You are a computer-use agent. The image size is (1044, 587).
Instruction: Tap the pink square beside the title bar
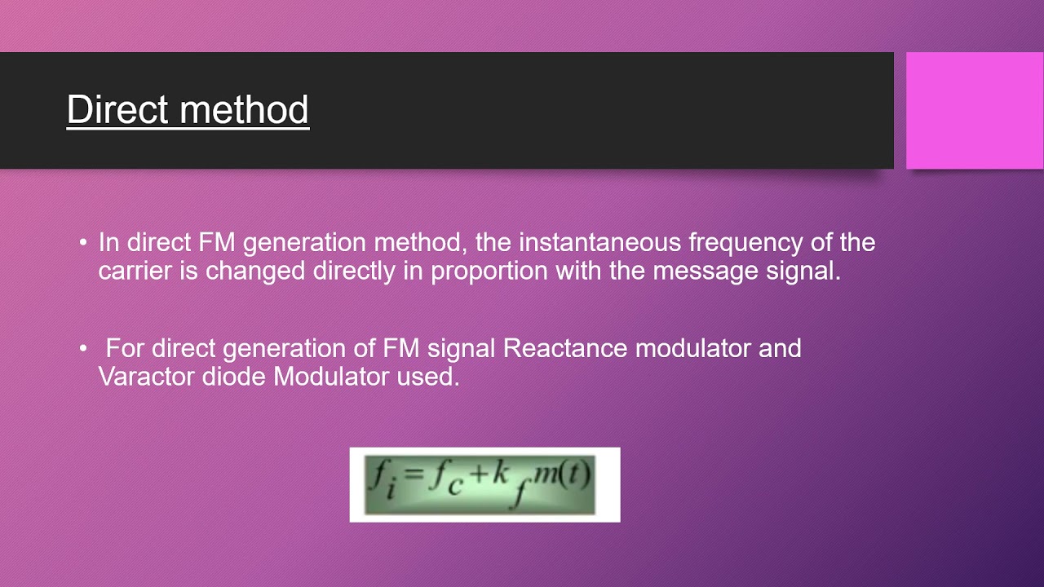974,110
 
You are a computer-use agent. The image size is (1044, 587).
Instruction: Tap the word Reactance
565,348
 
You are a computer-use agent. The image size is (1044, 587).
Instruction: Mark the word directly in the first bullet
354,271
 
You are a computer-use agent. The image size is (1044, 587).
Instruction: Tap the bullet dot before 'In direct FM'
82,243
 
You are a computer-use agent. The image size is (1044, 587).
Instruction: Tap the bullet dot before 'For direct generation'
82,349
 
